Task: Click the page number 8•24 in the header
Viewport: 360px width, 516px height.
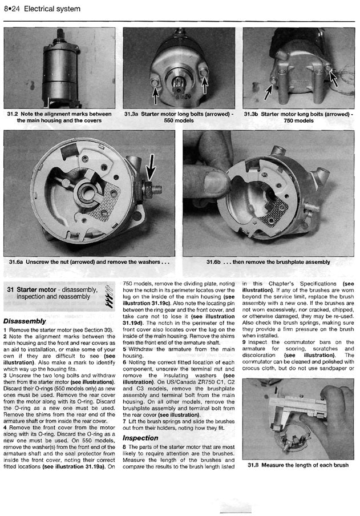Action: click(12, 9)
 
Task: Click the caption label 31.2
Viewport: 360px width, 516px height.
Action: click(13, 114)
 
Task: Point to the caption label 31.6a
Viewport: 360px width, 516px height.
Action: click(19, 262)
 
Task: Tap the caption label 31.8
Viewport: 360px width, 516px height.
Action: click(255, 465)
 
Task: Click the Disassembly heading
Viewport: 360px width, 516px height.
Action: click(24, 321)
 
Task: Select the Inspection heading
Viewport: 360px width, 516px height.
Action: click(140, 438)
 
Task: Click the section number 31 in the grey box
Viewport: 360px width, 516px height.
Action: click(10, 290)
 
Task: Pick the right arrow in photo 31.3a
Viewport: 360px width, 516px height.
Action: click(205, 80)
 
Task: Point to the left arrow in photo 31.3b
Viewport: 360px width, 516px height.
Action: click(269, 88)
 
